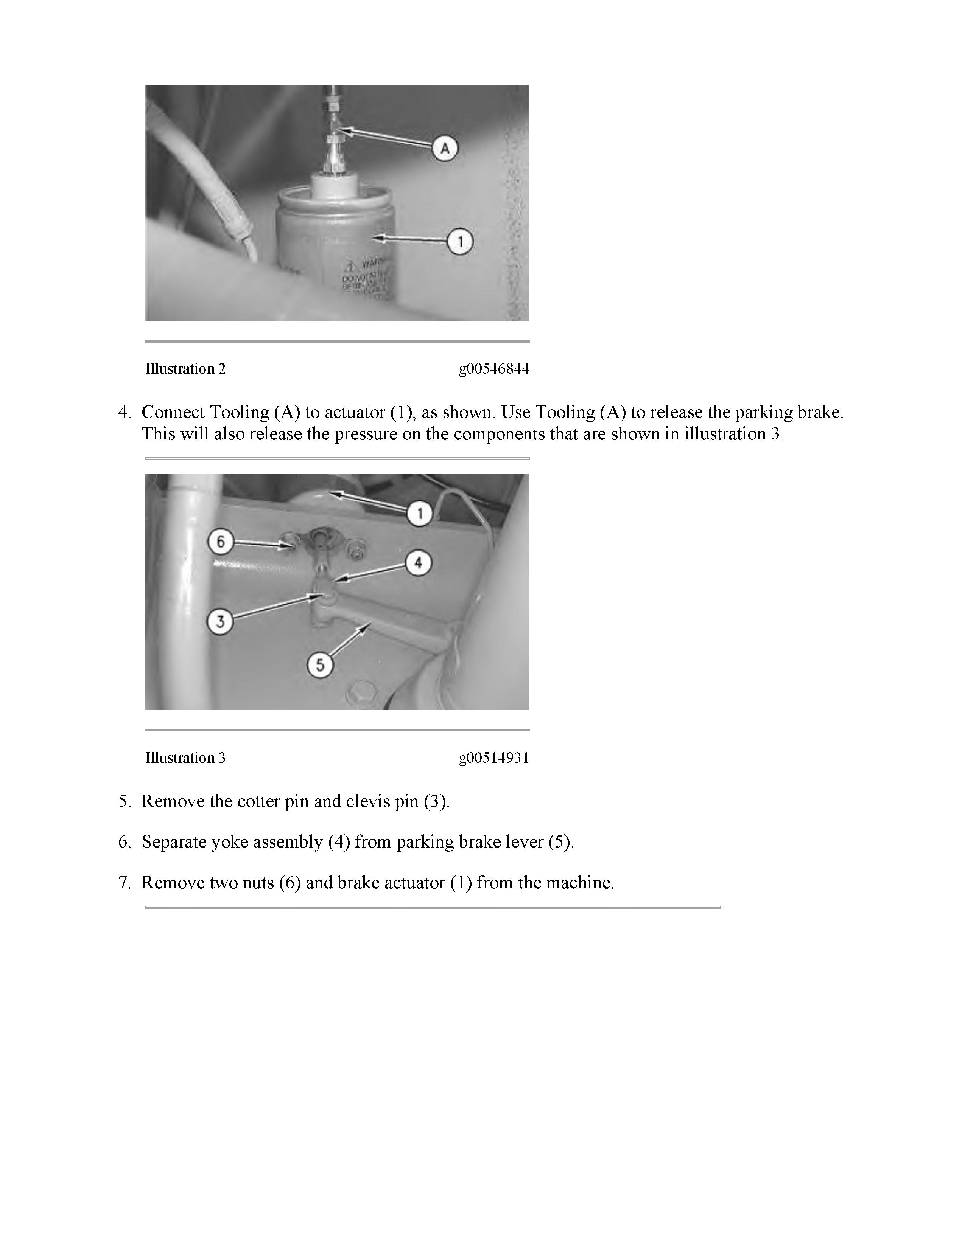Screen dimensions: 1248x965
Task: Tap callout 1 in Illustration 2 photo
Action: click(x=460, y=242)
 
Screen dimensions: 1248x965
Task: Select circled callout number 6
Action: click(x=221, y=540)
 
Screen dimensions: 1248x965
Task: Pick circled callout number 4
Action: click(x=419, y=563)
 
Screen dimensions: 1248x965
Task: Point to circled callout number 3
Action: click(x=221, y=621)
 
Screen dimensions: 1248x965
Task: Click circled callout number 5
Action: click(x=320, y=665)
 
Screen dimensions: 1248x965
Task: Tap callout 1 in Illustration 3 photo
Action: click(x=420, y=514)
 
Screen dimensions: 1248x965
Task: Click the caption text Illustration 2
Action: click(x=185, y=369)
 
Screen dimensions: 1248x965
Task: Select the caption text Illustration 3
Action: click(x=185, y=758)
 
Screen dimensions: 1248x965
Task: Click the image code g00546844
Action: click(x=493, y=369)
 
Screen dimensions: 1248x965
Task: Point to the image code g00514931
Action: click(x=493, y=758)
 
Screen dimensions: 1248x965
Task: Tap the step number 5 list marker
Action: click(x=124, y=802)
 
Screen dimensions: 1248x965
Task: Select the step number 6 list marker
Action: click(x=124, y=842)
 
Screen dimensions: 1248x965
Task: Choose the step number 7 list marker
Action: click(x=124, y=883)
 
